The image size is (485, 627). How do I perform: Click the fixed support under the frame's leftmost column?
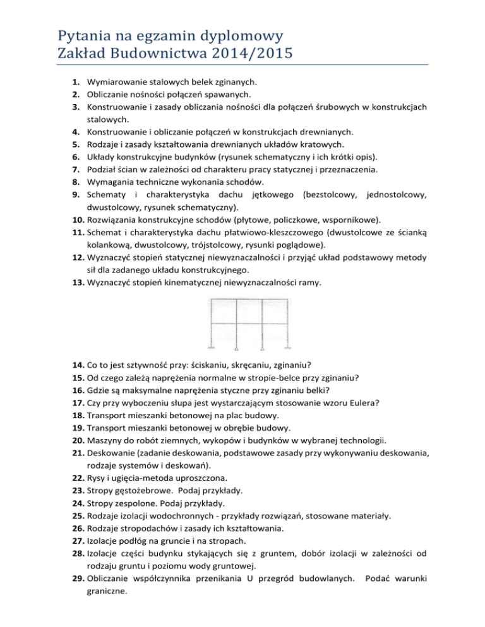tap(212, 347)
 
